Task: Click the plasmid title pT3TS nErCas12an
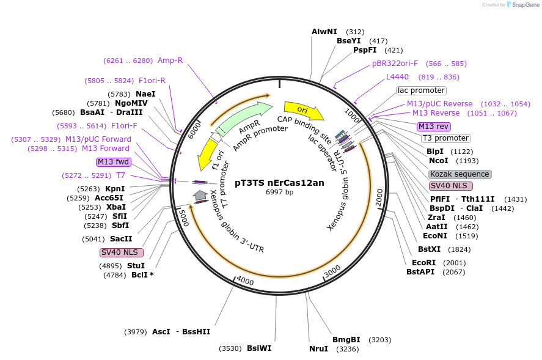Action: pos(279,182)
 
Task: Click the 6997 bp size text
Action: pos(279,192)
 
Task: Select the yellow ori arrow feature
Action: pos(303,110)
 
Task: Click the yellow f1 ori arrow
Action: pos(207,155)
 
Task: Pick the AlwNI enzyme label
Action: pos(324,31)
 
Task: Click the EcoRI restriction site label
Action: pos(423,262)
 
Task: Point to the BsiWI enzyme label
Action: pos(259,348)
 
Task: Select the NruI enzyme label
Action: pos(318,349)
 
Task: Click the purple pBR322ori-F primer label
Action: pos(395,63)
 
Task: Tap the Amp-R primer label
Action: pos(170,60)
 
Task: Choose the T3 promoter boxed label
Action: pos(445,138)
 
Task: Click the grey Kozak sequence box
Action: pos(460,174)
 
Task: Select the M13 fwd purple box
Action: pos(113,162)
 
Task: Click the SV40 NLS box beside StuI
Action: pos(122,252)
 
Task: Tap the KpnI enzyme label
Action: pos(115,188)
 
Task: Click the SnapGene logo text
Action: pos(524,4)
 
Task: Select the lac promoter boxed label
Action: pos(421,90)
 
